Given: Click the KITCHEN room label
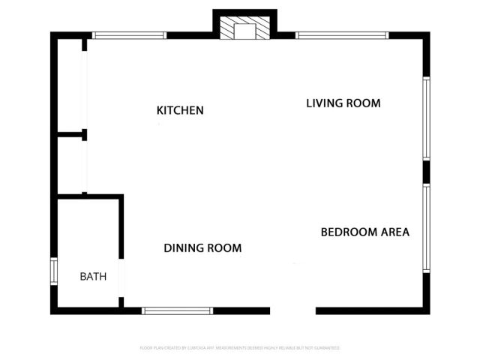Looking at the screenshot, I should coord(180,110).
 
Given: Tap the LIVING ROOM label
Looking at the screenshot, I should coord(343,103).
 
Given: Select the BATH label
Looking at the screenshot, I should coord(93,276).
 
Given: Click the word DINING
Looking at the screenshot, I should coord(182,247).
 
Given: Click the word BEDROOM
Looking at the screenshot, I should coord(347,232).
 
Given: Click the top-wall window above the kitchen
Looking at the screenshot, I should coord(129,34).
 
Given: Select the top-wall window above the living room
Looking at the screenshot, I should coord(342,34).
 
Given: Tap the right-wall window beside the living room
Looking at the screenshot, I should coord(426,118).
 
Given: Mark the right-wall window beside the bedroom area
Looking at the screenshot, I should coord(426,227).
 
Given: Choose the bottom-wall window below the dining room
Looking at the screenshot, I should coord(178,310).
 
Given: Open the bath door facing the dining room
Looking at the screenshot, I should coord(121,277).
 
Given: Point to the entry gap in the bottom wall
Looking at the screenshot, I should coord(292,310).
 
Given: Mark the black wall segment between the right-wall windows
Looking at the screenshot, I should coord(426,172).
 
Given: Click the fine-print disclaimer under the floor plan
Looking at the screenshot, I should coord(240,348).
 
